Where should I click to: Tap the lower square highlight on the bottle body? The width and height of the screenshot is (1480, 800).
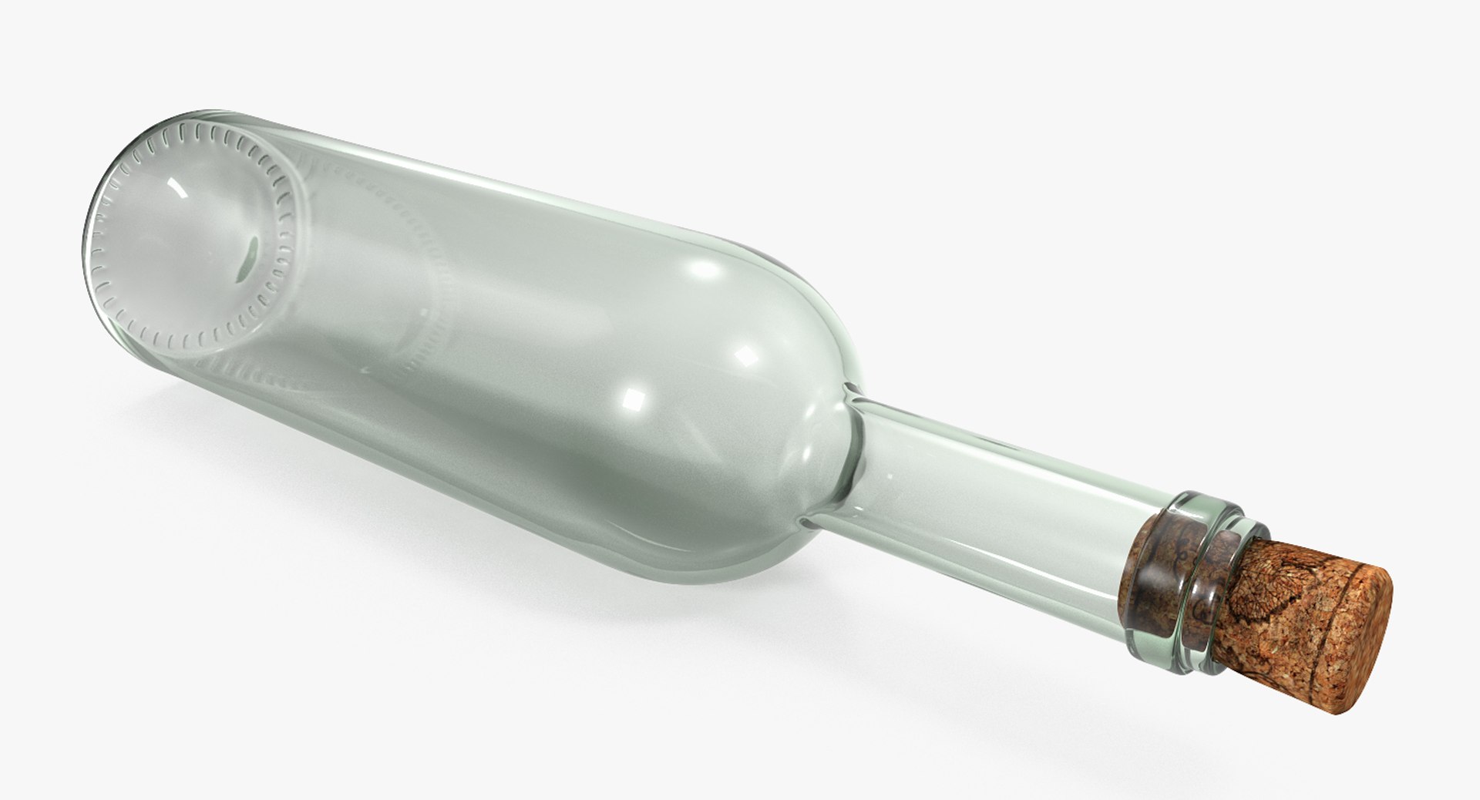[x=634, y=398]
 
